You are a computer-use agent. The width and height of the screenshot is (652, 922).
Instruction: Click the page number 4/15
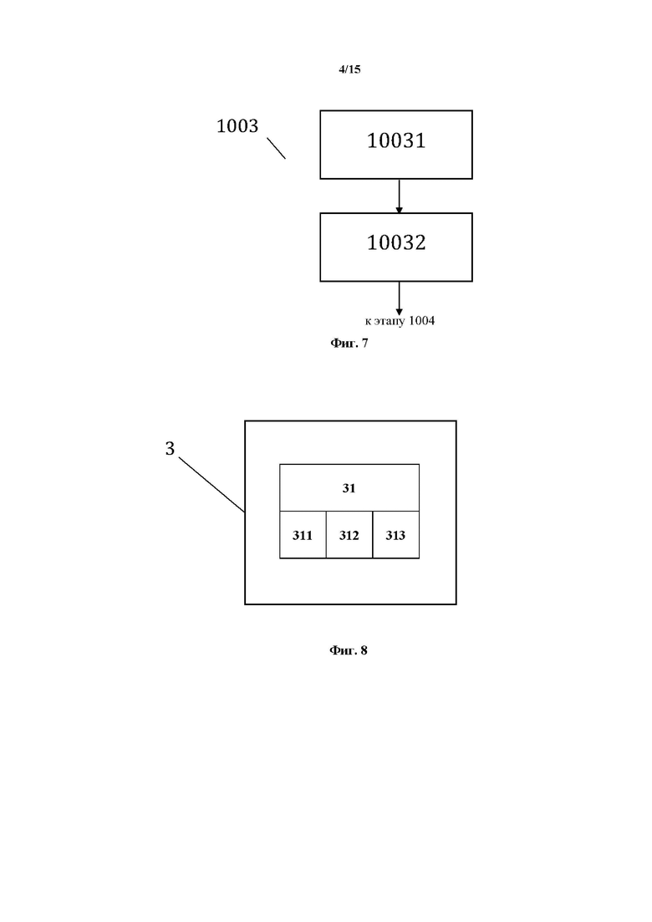point(349,69)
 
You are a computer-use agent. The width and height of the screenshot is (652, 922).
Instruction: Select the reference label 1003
point(237,126)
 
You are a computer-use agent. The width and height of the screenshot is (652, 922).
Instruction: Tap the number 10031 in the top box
point(396,140)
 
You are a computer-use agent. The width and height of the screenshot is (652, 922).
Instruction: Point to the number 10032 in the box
point(396,243)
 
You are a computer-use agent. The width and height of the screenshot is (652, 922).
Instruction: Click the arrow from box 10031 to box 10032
point(400,196)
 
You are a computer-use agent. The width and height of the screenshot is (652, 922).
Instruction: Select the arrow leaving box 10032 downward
point(400,298)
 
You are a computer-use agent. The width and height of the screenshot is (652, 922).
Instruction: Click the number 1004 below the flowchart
point(421,320)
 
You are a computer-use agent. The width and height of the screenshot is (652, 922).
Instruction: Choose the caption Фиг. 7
point(349,343)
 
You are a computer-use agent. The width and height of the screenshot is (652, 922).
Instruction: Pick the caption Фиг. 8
point(348,649)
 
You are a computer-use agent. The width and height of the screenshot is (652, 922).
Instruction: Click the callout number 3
point(170,449)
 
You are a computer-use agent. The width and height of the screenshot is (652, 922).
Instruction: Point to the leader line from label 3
point(211,485)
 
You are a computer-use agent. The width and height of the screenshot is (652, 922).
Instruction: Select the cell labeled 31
point(349,487)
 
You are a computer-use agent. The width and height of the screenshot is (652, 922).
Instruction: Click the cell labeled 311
point(303,534)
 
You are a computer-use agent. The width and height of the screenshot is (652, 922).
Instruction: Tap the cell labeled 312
point(349,534)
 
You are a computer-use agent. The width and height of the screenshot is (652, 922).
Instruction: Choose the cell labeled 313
point(395,534)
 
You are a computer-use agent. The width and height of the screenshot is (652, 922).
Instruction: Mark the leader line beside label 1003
point(277,148)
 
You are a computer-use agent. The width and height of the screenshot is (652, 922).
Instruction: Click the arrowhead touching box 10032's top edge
point(400,210)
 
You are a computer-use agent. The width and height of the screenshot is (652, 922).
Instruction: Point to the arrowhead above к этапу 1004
point(400,313)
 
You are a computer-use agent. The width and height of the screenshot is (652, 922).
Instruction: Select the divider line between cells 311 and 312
point(326,534)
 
